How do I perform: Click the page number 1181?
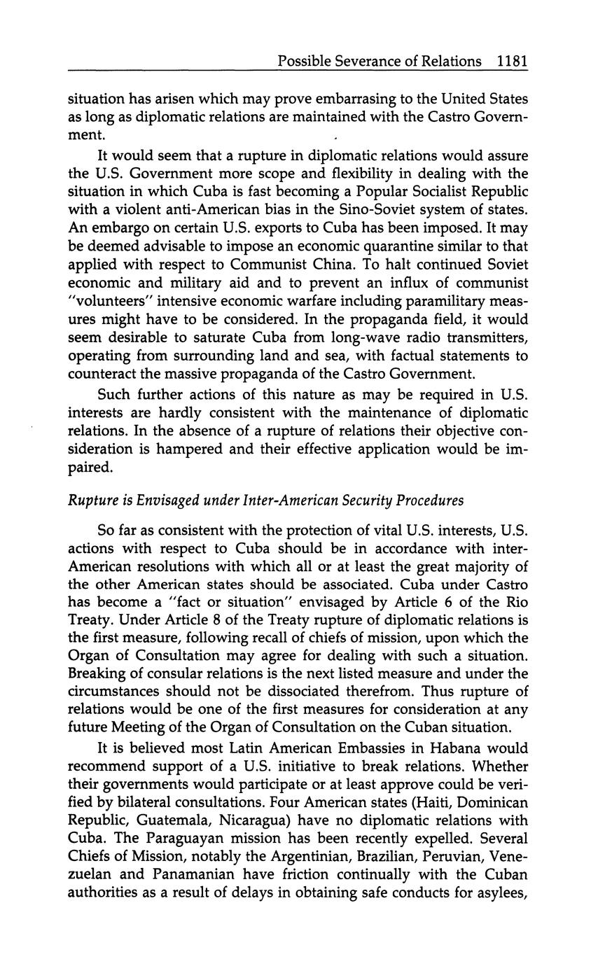(x=511, y=61)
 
